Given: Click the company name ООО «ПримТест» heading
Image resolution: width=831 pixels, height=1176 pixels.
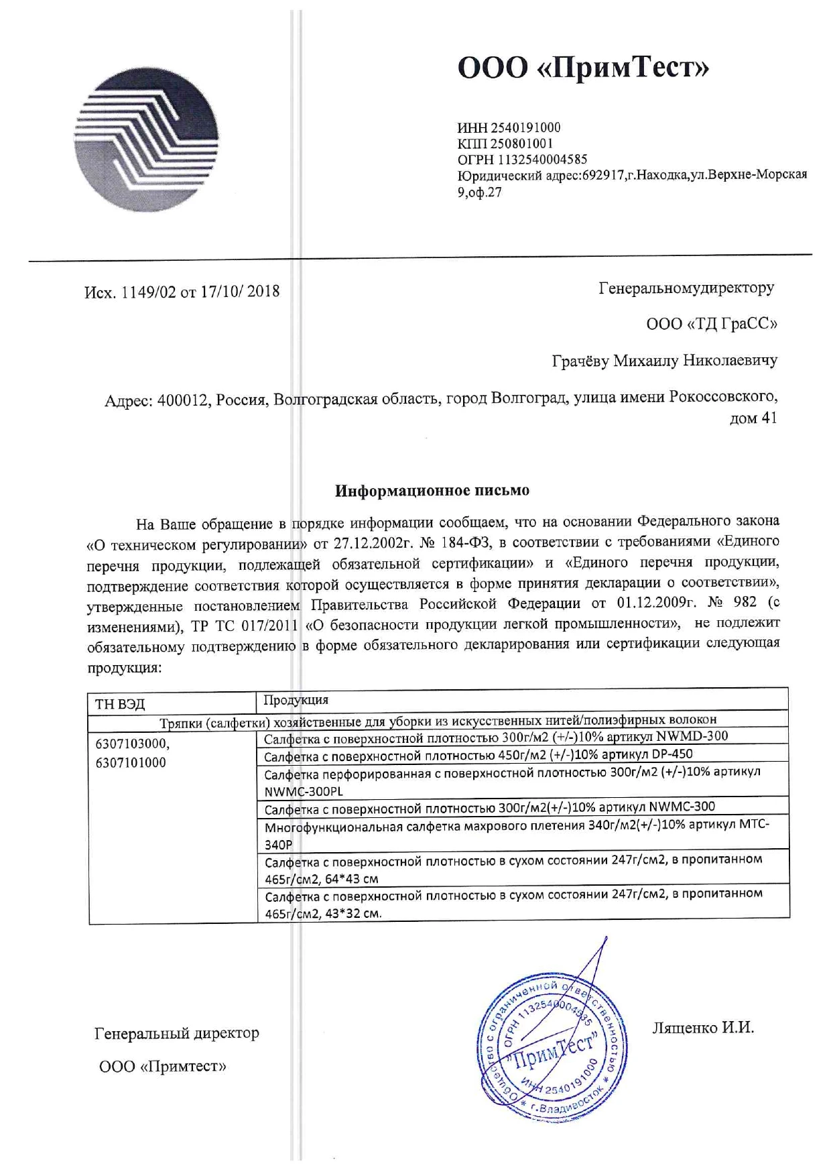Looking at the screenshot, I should [x=582, y=68].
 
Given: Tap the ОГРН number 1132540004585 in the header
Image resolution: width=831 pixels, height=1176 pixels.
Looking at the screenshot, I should [x=541, y=160].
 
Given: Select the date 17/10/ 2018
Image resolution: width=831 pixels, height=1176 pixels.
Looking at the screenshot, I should [x=240, y=292].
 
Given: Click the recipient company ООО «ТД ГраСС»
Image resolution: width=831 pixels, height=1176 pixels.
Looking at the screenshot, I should [x=712, y=325].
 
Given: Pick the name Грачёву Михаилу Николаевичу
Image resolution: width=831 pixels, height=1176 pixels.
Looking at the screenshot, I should [x=664, y=361].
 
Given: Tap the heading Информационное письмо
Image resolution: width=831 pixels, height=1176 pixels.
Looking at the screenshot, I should [x=432, y=491].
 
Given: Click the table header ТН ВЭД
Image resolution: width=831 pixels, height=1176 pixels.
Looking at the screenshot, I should [x=120, y=703].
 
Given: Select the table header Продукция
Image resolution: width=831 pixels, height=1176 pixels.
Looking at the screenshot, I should [x=296, y=700].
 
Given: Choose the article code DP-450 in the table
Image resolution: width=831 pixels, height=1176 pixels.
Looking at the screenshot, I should [x=672, y=754].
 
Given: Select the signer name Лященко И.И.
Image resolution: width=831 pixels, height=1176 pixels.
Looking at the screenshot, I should [x=703, y=1027].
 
